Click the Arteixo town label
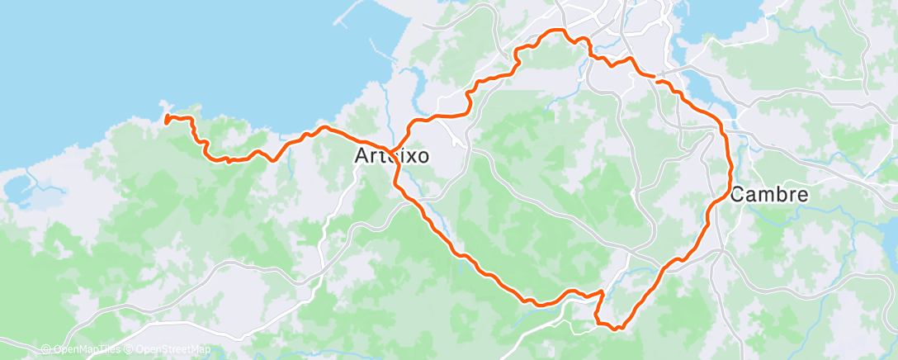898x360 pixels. click(391, 155)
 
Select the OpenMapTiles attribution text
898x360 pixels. click(86, 349)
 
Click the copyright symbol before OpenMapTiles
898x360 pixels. click(46, 349)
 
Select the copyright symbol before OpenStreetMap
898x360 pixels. click(130, 349)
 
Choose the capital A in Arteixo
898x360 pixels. click(362, 155)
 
